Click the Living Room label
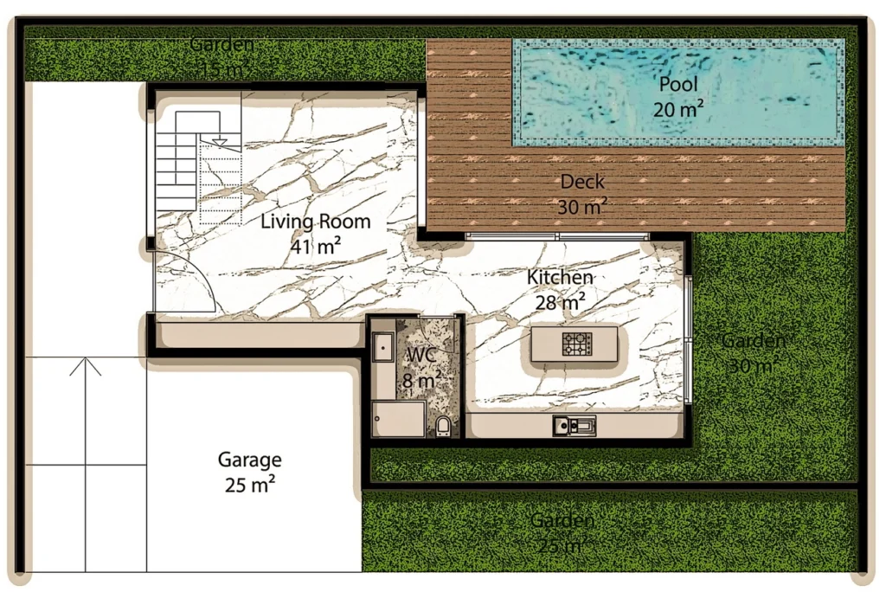click(316, 222)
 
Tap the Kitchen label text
click(561, 278)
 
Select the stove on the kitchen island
click(575, 344)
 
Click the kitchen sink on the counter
click(575, 425)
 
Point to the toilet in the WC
click(443, 426)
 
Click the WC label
click(421, 356)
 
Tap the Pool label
click(678, 85)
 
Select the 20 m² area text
click(678, 109)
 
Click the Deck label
click(582, 182)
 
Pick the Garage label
click(249, 460)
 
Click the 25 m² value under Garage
click(249, 485)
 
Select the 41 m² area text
click(316, 246)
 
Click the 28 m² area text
click(561, 301)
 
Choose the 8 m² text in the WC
click(421, 379)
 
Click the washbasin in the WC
click(382, 346)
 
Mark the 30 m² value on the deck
click(582, 206)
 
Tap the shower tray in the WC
click(397, 420)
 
